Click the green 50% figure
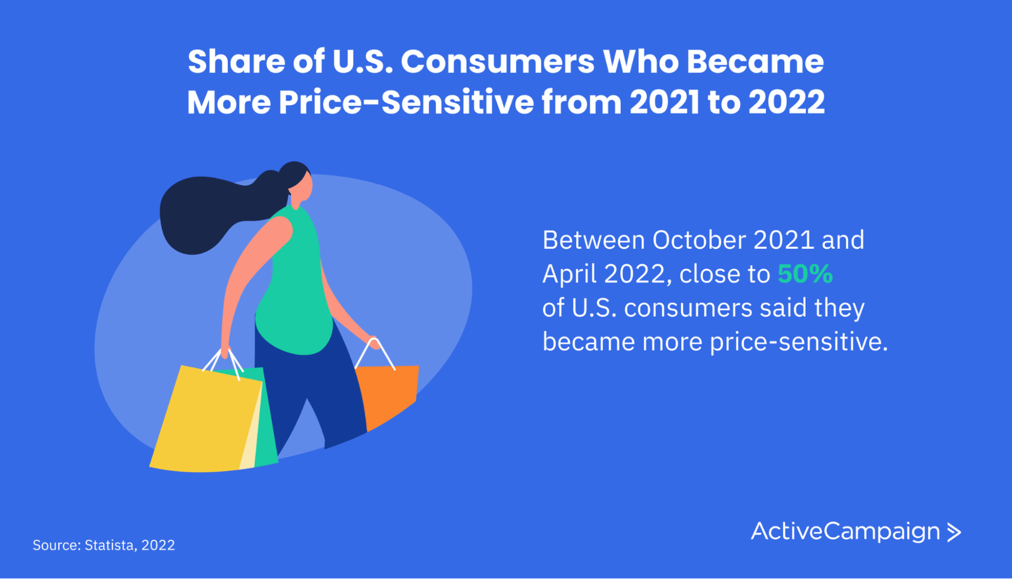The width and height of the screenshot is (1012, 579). [x=805, y=274]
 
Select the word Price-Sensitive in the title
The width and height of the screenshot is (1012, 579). [x=406, y=102]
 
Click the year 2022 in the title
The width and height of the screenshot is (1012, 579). [x=787, y=102]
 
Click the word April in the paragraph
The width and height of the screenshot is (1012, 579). [x=569, y=275]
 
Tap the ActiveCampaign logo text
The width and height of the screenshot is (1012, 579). [x=845, y=532]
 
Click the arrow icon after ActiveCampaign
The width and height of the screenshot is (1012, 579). [x=954, y=532]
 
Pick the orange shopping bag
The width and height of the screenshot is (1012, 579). [x=388, y=395]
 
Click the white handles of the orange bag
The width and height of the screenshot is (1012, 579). [x=375, y=354]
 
